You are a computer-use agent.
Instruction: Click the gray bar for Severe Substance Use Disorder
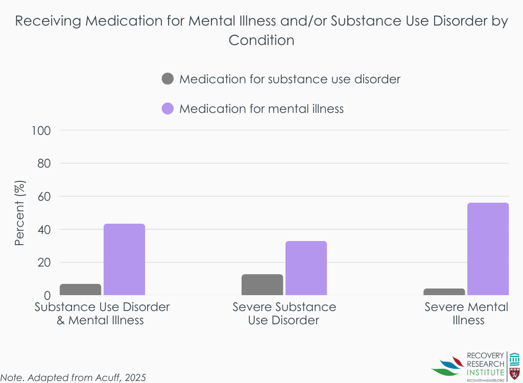(x=262, y=285)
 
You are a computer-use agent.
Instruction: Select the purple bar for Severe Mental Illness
(x=488, y=249)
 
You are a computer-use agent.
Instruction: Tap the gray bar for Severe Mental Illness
(x=444, y=292)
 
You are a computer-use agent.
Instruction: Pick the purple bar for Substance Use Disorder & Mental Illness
(x=124, y=259)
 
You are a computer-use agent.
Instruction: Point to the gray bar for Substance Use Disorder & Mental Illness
(x=80, y=290)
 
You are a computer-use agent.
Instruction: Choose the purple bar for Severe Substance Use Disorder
(x=306, y=268)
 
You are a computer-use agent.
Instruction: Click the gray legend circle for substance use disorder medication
(x=168, y=79)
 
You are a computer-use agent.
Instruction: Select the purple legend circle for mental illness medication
(x=168, y=109)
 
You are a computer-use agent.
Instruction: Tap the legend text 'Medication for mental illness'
(x=261, y=109)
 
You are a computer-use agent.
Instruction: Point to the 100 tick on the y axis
(x=41, y=130)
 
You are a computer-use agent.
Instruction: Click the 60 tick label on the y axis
(x=44, y=197)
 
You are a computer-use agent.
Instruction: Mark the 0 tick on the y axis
(x=47, y=296)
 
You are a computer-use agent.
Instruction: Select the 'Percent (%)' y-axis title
(x=19, y=213)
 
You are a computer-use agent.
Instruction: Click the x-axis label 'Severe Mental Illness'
(x=467, y=314)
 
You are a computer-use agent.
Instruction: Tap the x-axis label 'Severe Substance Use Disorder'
(x=284, y=314)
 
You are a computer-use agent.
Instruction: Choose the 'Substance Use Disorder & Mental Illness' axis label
(x=102, y=314)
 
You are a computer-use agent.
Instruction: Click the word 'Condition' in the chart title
(x=261, y=40)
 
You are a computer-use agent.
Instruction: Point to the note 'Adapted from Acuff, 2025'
(x=74, y=377)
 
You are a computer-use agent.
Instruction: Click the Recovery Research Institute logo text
(x=485, y=364)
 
